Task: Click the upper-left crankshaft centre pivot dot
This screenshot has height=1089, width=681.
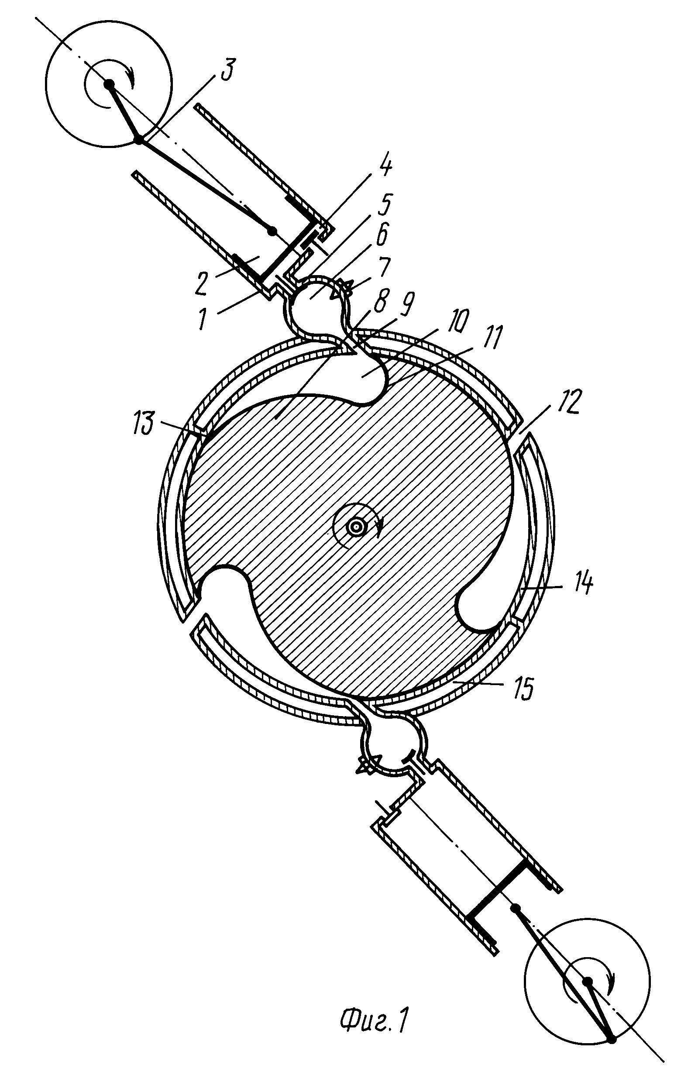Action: [109, 83]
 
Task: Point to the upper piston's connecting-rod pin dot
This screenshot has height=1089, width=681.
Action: [272, 231]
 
